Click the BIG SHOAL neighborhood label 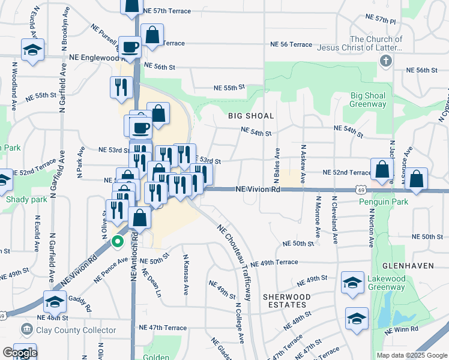point(251,116)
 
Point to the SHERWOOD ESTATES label point(287,301)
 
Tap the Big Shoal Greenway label point(368,100)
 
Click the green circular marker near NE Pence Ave point(118,242)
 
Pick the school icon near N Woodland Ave point(32,50)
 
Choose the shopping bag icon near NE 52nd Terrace point(382,170)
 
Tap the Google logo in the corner point(19,352)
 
